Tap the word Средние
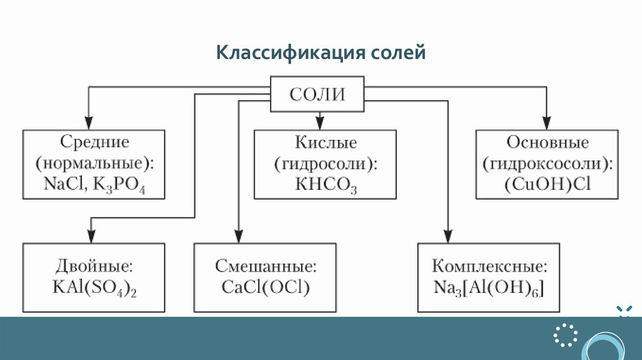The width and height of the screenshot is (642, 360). click(95, 142)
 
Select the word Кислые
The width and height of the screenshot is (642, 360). click(325, 142)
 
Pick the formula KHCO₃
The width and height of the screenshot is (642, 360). click(325, 186)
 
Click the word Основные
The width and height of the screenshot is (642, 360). click(547, 142)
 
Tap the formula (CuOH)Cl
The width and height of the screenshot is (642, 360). click(547, 185)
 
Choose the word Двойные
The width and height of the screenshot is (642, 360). click(94, 265)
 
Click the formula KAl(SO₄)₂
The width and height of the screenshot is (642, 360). click(95, 287)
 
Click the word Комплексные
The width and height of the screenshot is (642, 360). click(490, 265)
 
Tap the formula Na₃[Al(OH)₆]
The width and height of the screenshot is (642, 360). click(490, 287)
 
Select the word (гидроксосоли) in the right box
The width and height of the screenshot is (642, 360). click(547, 164)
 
